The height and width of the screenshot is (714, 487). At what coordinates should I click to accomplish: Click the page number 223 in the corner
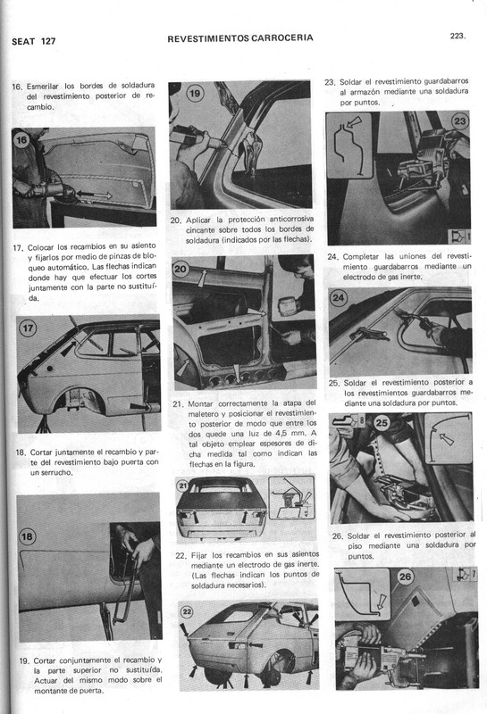pyautogui.click(x=461, y=37)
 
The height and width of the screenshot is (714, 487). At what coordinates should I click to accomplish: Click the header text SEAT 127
pyautogui.click(x=33, y=42)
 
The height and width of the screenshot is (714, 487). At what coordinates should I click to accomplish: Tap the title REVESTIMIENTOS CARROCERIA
pyautogui.click(x=239, y=38)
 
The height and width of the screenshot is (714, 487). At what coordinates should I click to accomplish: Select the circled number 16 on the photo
pyautogui.click(x=23, y=140)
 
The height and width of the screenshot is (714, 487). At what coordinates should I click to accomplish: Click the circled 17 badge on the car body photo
pyautogui.click(x=28, y=328)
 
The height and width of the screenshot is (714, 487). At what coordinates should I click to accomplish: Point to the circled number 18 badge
pyautogui.click(x=28, y=535)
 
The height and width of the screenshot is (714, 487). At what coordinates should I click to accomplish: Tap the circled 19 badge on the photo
pyautogui.click(x=195, y=94)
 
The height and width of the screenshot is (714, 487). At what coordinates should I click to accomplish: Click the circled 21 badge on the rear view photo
pyautogui.click(x=184, y=486)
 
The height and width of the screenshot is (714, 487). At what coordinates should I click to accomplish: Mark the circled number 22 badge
pyautogui.click(x=187, y=611)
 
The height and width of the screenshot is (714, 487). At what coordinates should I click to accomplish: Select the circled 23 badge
pyautogui.click(x=459, y=120)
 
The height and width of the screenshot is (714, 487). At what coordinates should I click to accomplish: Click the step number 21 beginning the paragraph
pyautogui.click(x=177, y=403)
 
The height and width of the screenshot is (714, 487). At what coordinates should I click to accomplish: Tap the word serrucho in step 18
pyautogui.click(x=51, y=472)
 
